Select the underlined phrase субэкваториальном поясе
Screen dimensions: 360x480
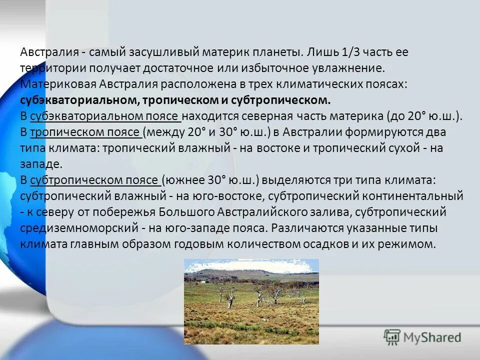pyautogui.click(x=105, y=116)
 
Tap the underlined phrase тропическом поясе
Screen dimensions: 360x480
pyautogui.click(x=85, y=132)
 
